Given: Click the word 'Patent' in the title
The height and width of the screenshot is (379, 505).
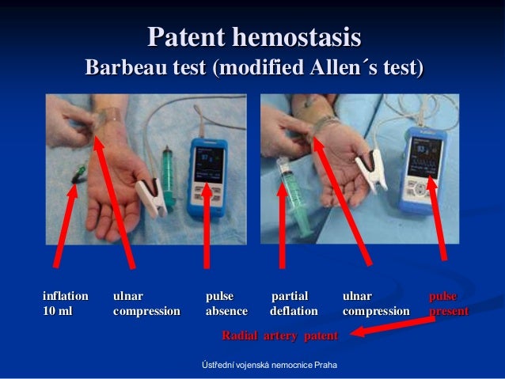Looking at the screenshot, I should pos(184,37).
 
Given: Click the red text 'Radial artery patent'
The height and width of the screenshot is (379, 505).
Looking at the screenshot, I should pos(279,337).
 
